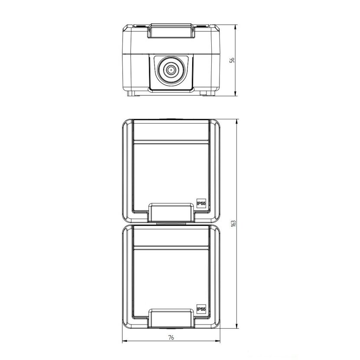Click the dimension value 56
[x=232, y=60]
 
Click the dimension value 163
[x=233, y=224]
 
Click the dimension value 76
[x=171, y=337]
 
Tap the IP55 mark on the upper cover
[x=201, y=203]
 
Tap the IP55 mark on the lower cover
[x=201, y=309]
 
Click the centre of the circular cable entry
[x=170, y=70]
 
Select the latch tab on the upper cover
[x=171, y=213]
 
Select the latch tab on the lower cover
[x=171, y=318]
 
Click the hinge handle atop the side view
[x=171, y=30]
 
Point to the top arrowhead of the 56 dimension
[x=236, y=26]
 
